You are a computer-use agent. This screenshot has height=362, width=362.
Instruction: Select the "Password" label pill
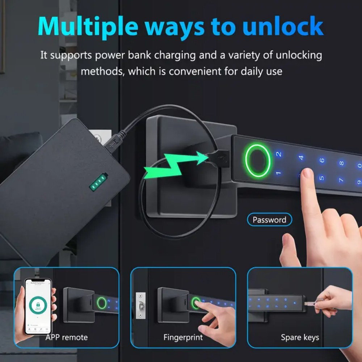click(269, 220)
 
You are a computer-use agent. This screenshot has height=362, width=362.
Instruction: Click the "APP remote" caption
click(67, 337)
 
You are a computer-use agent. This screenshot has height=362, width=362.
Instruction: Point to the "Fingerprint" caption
click(183, 337)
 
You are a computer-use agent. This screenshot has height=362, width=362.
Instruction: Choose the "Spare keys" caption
click(300, 337)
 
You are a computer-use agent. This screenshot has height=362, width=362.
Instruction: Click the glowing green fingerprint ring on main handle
click(257, 160)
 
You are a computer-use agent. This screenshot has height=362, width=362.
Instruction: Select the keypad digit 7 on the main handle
click(341, 180)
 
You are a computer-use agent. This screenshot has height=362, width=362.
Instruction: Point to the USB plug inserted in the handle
click(219, 158)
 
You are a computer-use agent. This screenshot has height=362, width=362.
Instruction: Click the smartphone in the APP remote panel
click(38, 306)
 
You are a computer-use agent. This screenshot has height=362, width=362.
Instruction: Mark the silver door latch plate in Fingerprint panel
click(140, 306)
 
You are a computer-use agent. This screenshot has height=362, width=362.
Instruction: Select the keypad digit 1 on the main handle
click(278, 173)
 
